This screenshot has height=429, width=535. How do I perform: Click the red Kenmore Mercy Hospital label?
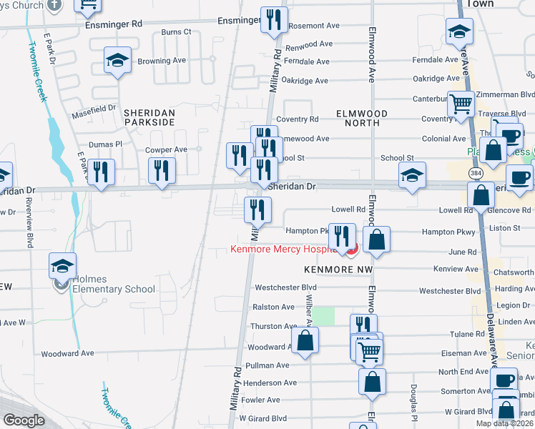click(283, 250)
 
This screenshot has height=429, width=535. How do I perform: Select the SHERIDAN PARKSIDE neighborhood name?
click(149, 117)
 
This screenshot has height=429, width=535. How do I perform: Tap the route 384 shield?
click(476, 174)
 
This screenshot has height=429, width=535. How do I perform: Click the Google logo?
click(24, 420)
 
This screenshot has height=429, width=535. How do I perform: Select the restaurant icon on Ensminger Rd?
click(272, 21)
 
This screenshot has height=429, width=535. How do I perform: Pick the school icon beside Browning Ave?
click(117, 61)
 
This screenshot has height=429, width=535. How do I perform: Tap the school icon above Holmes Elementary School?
click(63, 265)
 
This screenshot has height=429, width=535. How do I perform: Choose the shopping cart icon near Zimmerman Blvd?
click(461, 104)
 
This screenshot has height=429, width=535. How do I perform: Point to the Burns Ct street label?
click(177, 32)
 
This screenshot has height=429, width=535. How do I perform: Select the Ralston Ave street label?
click(273, 307)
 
